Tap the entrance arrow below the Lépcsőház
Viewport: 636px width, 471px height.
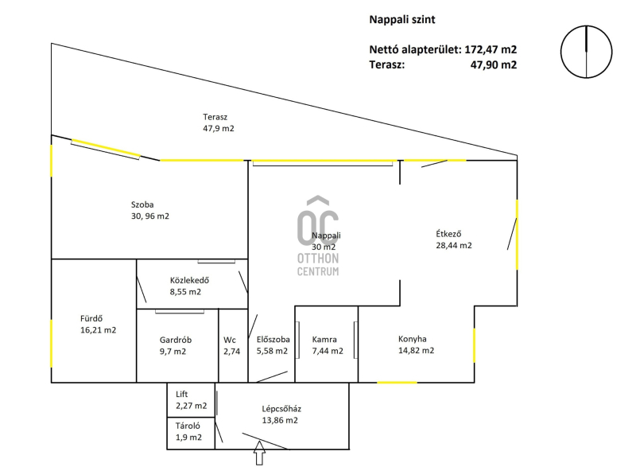tap(260, 453)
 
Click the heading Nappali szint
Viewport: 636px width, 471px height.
tap(402, 19)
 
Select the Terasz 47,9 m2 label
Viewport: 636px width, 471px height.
tap(219, 123)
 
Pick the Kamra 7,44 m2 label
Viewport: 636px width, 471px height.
tap(328, 345)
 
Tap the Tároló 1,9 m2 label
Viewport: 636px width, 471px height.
tap(188, 431)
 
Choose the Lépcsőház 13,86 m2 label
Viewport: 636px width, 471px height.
tap(281, 415)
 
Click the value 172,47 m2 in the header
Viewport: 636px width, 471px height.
tap(491, 49)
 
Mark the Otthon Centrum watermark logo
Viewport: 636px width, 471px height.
tap(318, 235)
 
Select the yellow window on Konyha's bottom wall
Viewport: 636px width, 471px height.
tap(397, 383)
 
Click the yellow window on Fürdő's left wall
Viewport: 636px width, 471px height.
tap(52, 344)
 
